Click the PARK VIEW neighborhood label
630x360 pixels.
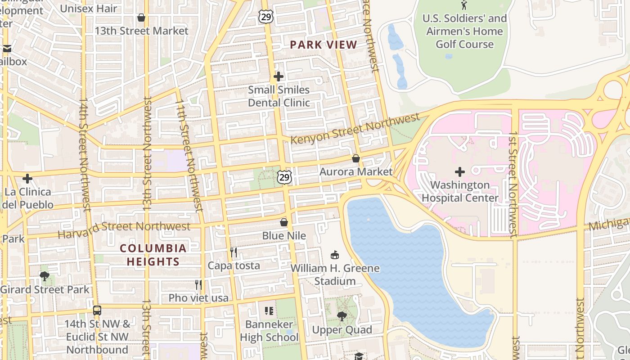323,45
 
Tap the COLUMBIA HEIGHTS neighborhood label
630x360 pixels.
153,255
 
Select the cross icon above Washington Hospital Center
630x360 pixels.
459,171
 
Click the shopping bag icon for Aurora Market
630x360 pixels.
355,158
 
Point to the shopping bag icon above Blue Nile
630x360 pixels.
284,222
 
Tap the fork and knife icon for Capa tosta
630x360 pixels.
234,252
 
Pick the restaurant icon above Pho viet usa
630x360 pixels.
198,284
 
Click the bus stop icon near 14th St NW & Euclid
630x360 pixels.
97,310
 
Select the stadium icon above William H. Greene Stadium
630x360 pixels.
334,255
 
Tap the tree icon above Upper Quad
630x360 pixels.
342,316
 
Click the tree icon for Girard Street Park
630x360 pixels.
44,276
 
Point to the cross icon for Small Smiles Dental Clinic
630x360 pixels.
279,76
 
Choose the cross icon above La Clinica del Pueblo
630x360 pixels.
27,179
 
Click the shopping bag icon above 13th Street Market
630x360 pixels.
141,18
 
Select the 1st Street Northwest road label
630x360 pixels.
513,184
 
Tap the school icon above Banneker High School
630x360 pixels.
269,310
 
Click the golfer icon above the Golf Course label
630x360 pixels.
464,5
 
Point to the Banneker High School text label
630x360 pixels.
269,330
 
